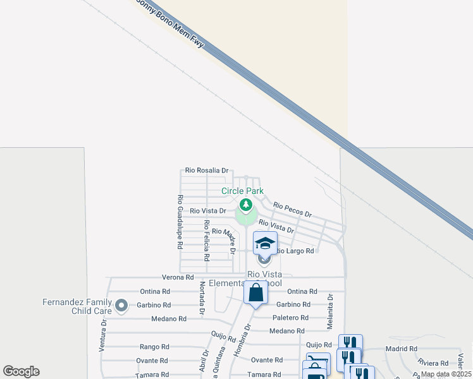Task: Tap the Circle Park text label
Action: (x=242, y=191)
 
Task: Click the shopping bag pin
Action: (x=255, y=293)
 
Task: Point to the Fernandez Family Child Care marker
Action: (x=121, y=307)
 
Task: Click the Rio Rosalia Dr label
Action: (x=207, y=171)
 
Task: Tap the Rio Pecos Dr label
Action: (x=293, y=209)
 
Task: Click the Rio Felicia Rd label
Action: (x=207, y=241)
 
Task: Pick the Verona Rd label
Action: (x=178, y=277)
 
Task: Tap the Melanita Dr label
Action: (x=329, y=311)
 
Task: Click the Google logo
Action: (x=21, y=371)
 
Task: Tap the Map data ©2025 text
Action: (x=445, y=374)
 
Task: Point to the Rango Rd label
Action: (x=154, y=347)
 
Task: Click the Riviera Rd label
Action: (x=433, y=363)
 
